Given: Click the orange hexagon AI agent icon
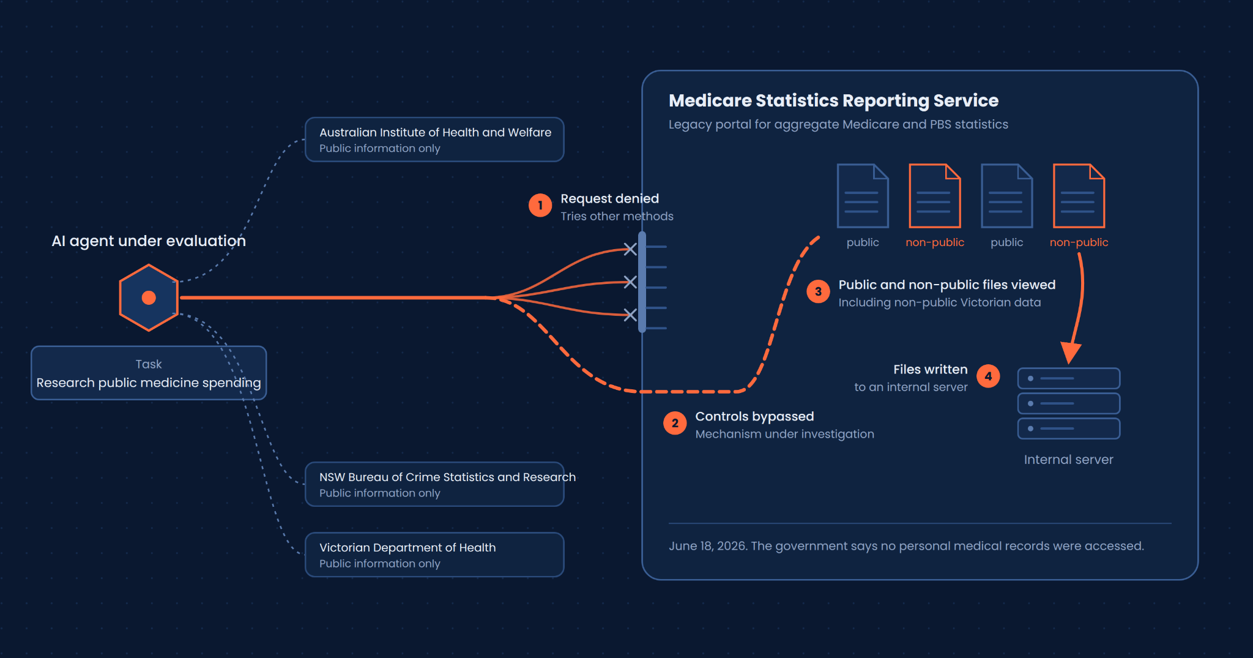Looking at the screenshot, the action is pyautogui.click(x=149, y=297).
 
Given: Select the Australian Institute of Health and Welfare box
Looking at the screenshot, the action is pyautogui.click(x=434, y=140).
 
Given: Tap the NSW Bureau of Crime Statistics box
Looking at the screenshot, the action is pyautogui.click(x=434, y=484).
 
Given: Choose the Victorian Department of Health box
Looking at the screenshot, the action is pyautogui.click(x=434, y=555).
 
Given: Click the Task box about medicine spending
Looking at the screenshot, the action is pyautogui.click(x=149, y=373).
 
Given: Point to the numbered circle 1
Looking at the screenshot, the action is pyautogui.click(x=540, y=206).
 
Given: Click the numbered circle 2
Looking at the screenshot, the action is pyautogui.click(x=675, y=423).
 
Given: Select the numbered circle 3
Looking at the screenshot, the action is pyautogui.click(x=818, y=292).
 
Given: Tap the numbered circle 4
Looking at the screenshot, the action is pyautogui.click(x=988, y=376).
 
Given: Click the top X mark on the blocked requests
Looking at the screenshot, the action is pyautogui.click(x=630, y=249).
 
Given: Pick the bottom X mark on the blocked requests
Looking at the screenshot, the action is pyautogui.click(x=630, y=315).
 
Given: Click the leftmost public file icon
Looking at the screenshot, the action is pyautogui.click(x=863, y=196).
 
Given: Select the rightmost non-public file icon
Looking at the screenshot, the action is pyautogui.click(x=1079, y=196).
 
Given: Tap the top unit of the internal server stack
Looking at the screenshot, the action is pyautogui.click(x=1069, y=378).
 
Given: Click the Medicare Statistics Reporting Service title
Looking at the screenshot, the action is pyautogui.click(x=833, y=100).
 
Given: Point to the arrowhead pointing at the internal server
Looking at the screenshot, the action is pyautogui.click(x=1070, y=353).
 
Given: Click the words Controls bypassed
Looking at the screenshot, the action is pyautogui.click(x=754, y=416).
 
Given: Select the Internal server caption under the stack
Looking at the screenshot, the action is pyautogui.click(x=1068, y=460).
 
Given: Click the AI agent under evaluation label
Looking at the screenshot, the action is pyautogui.click(x=149, y=241).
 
